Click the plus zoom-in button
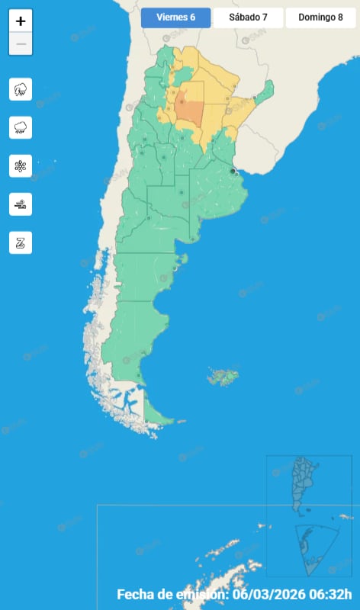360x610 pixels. click(x=21, y=21)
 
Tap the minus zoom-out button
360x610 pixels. click(x=21, y=44)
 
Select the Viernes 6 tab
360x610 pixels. click(x=175, y=18)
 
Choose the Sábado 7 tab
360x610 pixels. click(x=248, y=18)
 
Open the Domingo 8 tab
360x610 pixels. click(x=320, y=18)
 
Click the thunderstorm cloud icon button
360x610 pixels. click(x=21, y=89)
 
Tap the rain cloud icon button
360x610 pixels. click(x=21, y=127)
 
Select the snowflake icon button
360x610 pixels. click(x=21, y=165)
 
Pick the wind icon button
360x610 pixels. click(x=21, y=204)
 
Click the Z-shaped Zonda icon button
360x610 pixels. click(x=21, y=242)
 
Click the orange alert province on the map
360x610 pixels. click(x=189, y=110)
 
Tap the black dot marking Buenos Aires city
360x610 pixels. click(x=233, y=172)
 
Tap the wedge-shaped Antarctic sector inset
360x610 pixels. click(x=313, y=549)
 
